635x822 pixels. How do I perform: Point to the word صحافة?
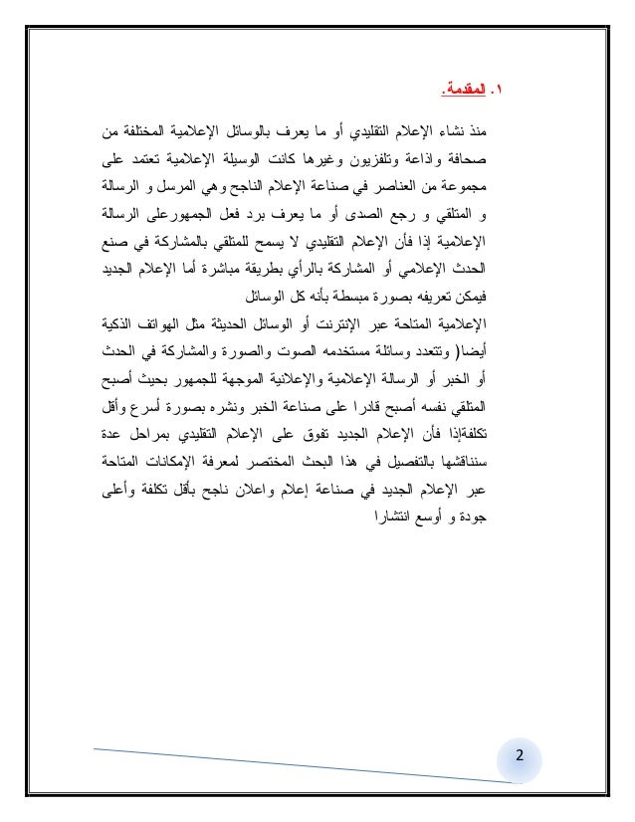508,157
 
